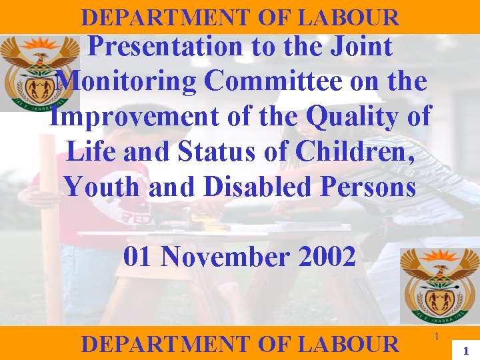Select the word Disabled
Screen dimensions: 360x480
click(257, 187)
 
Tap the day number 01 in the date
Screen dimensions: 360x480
click(139, 257)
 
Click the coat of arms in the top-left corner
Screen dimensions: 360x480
click(39, 72)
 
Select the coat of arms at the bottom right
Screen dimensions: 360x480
click(439, 284)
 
